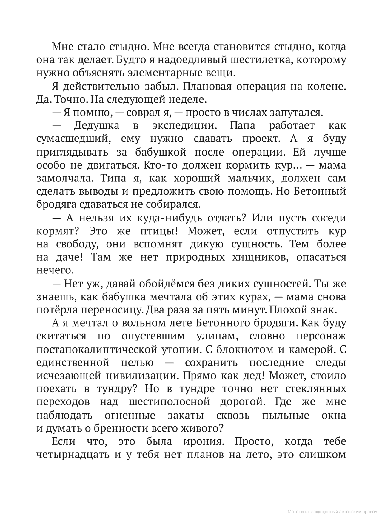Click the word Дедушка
coord(96,126)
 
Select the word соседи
coord(329,218)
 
